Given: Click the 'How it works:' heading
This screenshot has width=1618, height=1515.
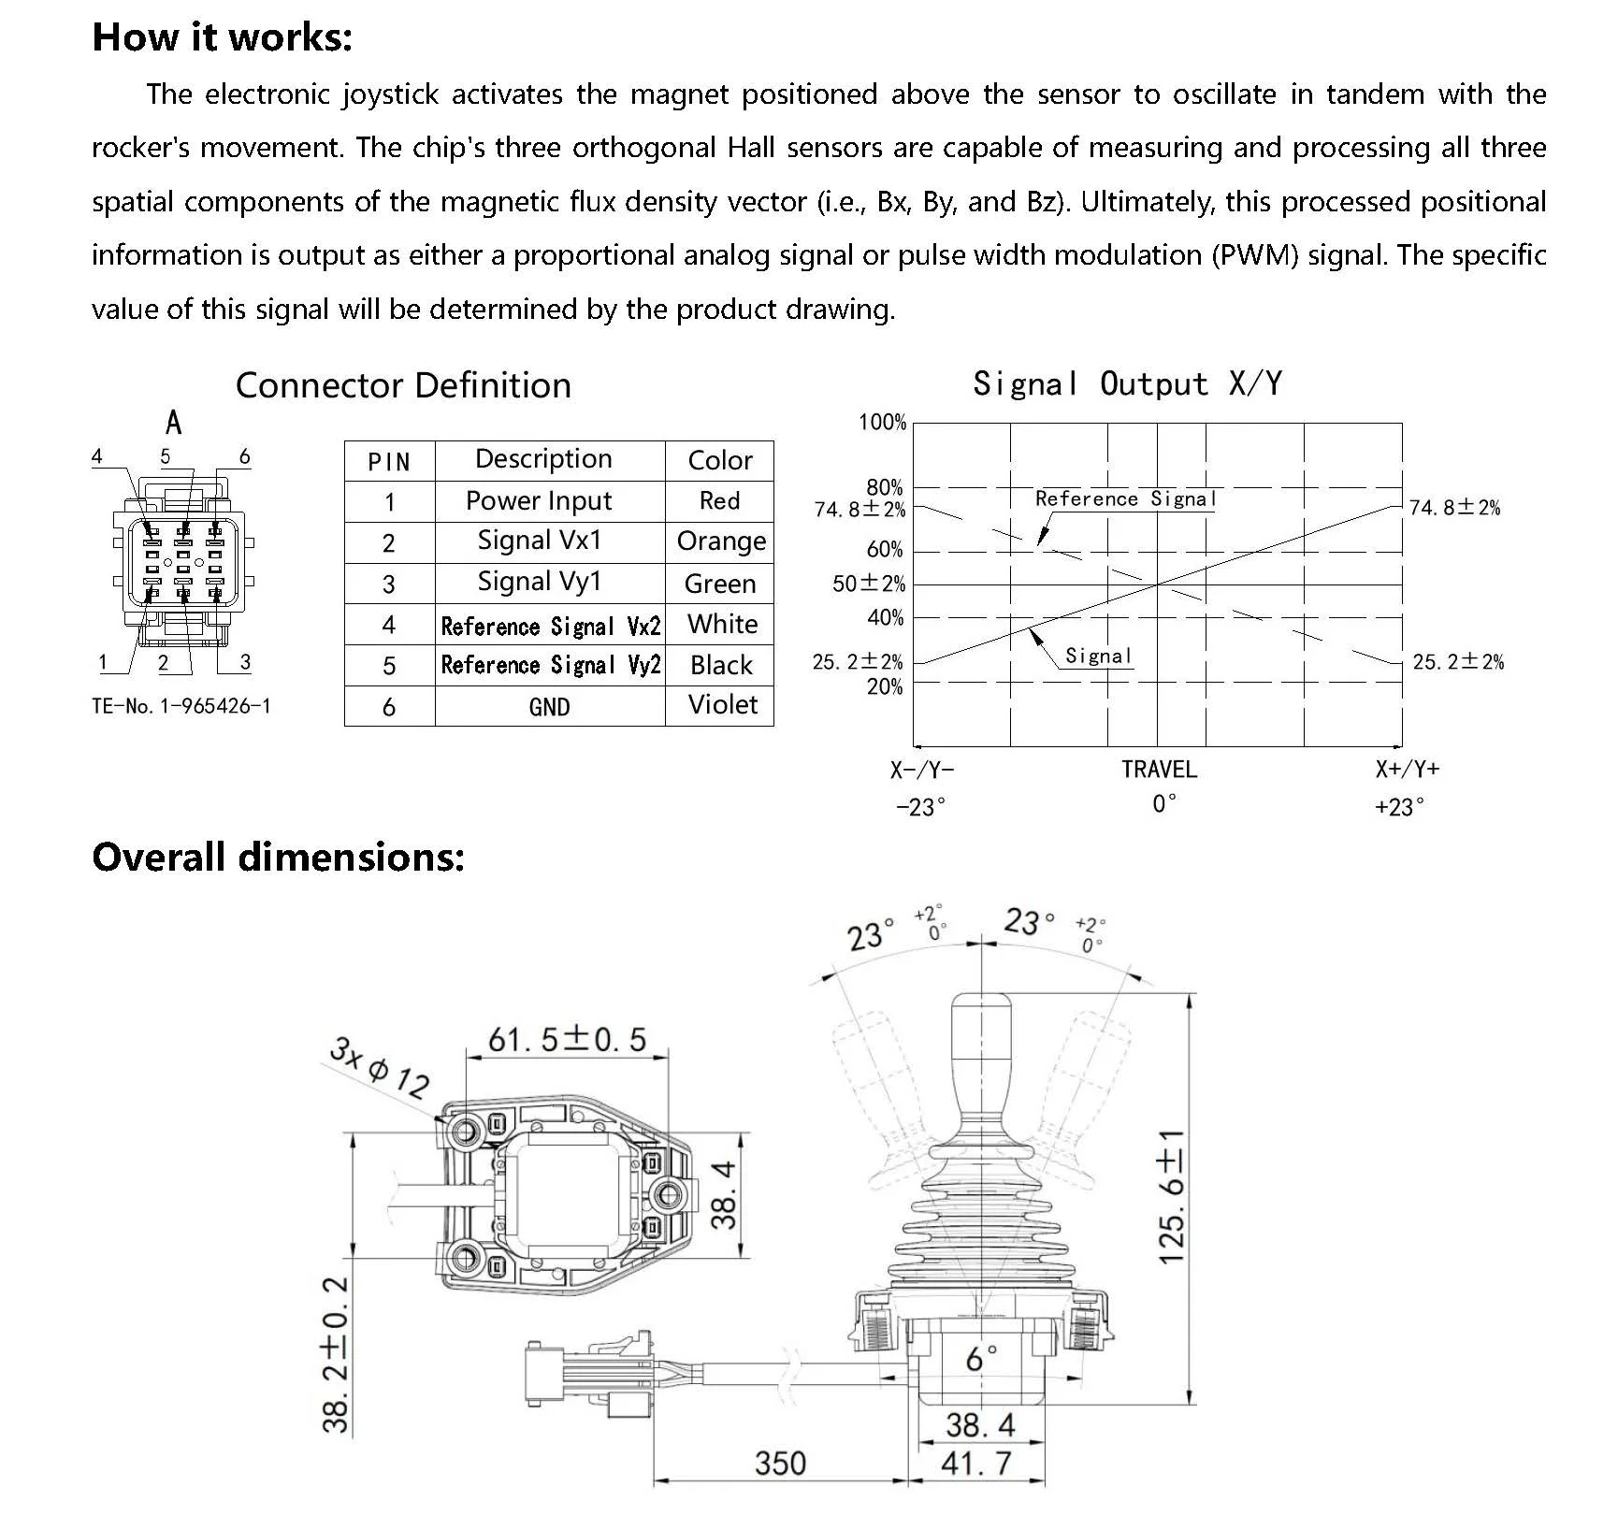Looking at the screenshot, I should [x=223, y=37].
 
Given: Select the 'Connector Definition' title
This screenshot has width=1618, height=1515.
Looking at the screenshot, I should [x=403, y=385].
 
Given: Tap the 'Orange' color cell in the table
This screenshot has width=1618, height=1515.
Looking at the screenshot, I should [x=720, y=541].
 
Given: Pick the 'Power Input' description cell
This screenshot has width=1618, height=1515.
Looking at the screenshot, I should [x=539, y=501].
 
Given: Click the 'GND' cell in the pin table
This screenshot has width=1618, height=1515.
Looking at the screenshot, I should [x=549, y=707].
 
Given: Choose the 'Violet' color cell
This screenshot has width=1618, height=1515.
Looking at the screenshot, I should [x=722, y=704].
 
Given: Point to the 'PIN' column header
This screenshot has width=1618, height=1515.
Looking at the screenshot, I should [x=389, y=462].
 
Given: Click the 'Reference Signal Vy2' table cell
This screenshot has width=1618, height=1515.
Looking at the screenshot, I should [x=550, y=665].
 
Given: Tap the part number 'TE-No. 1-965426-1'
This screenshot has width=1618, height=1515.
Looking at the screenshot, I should [x=181, y=706].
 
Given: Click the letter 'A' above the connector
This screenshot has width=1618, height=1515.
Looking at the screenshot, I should [x=174, y=424].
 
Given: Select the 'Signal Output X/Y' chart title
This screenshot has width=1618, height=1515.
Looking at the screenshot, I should [x=1127, y=383].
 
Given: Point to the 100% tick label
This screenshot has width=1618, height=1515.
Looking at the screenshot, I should [x=882, y=423].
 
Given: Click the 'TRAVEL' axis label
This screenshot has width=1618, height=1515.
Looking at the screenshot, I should [x=1159, y=770].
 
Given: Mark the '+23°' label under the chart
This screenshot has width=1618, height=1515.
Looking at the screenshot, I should [x=1399, y=807].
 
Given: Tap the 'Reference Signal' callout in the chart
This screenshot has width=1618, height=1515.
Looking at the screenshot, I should [x=1125, y=498].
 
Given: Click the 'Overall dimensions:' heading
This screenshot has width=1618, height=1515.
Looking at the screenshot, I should [x=278, y=857].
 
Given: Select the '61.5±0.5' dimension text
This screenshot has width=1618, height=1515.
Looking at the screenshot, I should [x=567, y=1039].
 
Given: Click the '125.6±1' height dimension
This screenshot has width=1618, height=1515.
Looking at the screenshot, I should [x=1171, y=1196].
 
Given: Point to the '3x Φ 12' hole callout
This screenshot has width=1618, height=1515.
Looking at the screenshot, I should [x=379, y=1067].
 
